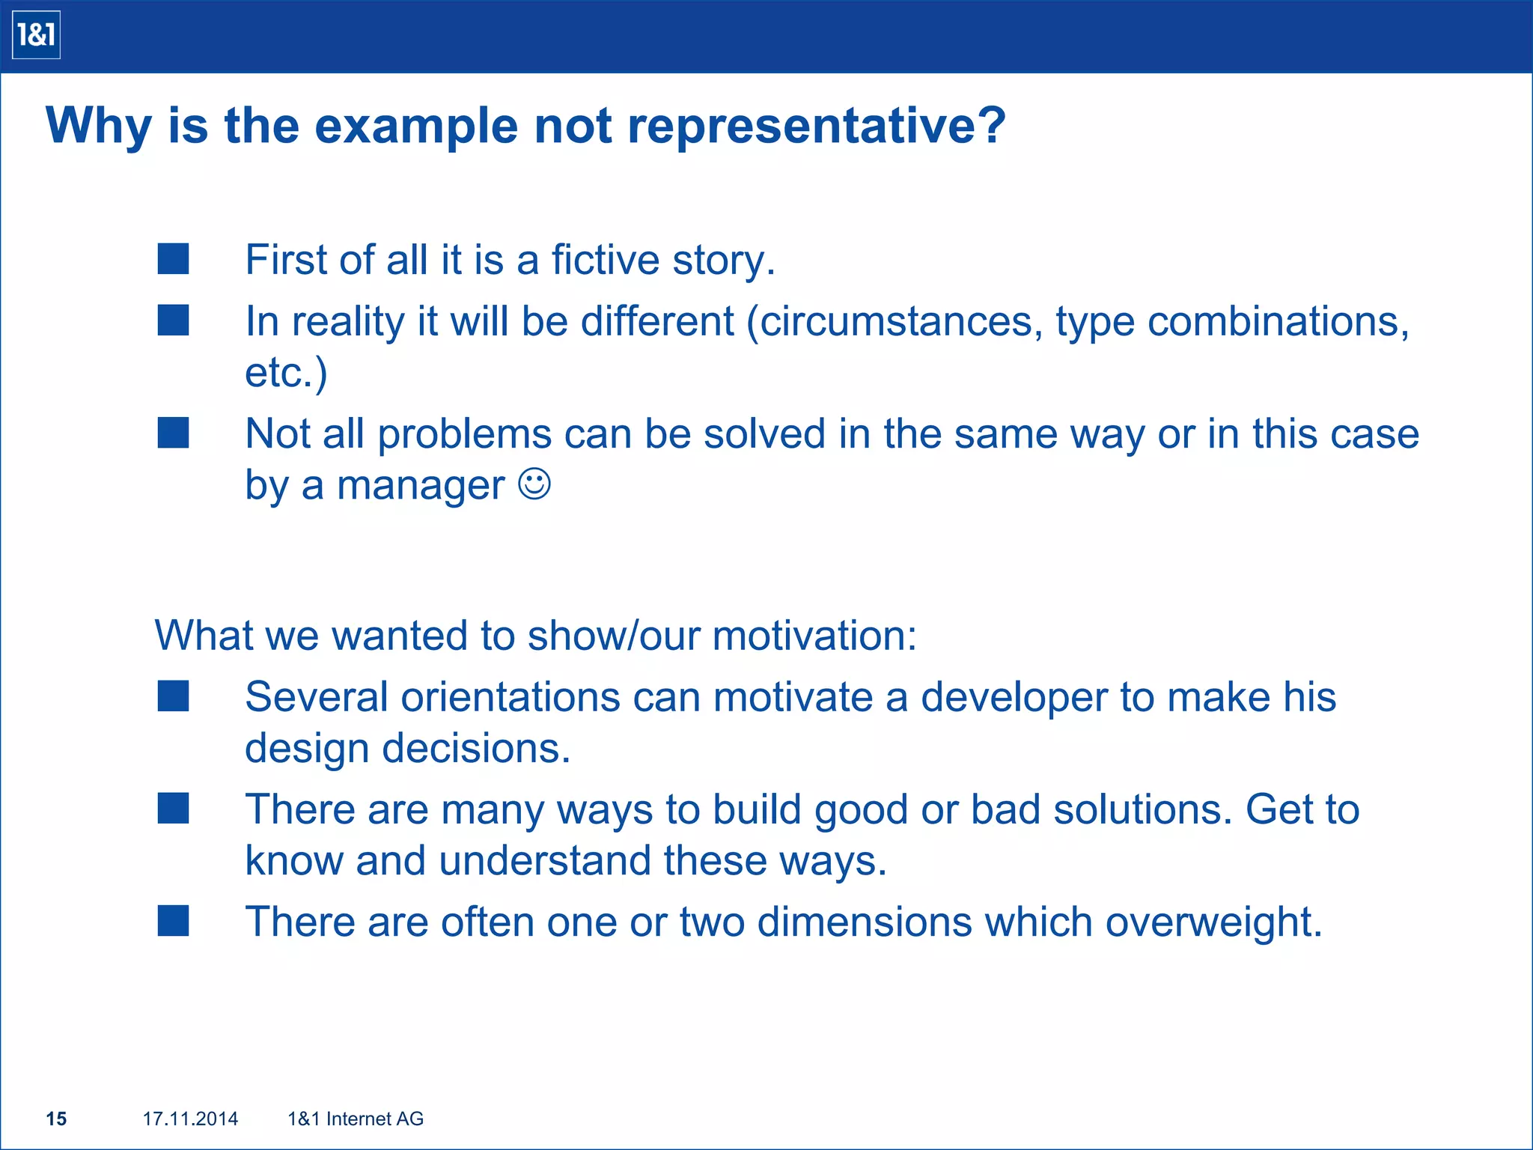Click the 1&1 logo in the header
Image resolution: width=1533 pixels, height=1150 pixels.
coord(36,35)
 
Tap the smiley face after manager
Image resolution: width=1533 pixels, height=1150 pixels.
coord(534,484)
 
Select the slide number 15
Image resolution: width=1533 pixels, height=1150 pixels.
coord(56,1119)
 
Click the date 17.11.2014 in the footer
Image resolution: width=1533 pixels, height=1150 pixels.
coord(190,1119)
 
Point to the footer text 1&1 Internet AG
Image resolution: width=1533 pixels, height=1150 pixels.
coord(356,1119)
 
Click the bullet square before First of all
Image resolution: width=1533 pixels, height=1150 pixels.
coord(173,259)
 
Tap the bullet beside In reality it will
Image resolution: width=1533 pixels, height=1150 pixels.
coord(173,320)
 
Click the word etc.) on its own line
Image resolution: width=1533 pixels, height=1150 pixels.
coord(286,372)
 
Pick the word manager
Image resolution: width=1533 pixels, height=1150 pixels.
coord(421,485)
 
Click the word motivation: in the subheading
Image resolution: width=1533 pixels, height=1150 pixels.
coord(814,636)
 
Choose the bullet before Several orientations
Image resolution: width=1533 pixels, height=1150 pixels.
coord(173,696)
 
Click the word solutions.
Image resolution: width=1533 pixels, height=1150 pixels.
coord(1142,809)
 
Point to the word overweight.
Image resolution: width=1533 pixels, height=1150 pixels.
coord(1213,922)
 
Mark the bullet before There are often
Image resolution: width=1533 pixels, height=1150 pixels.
coord(173,921)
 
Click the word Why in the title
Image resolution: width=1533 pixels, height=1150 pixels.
coord(99,125)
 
